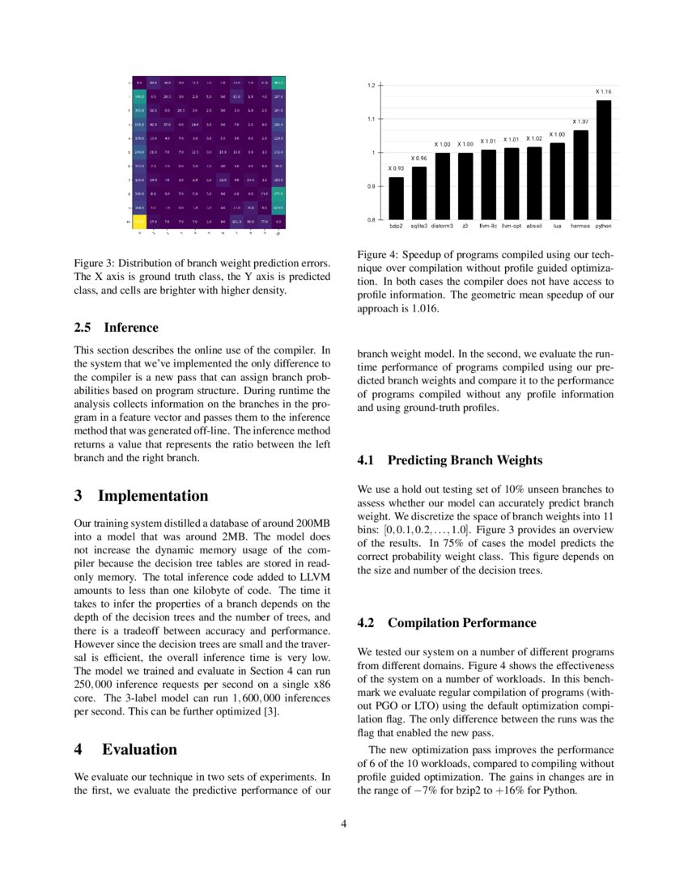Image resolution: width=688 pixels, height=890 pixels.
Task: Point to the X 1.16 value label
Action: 604,92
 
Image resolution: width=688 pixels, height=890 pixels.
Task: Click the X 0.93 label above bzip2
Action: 396,168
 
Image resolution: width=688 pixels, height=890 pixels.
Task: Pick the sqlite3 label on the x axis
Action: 418,227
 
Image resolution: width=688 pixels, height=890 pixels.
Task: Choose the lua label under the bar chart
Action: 557,227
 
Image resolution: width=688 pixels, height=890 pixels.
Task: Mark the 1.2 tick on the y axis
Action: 371,85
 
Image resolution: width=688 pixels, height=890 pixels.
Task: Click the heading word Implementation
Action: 153,496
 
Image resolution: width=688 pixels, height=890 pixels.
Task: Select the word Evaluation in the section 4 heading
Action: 139,749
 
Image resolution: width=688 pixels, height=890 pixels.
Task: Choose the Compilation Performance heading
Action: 461,623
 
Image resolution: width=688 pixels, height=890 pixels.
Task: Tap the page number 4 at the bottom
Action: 344,824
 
